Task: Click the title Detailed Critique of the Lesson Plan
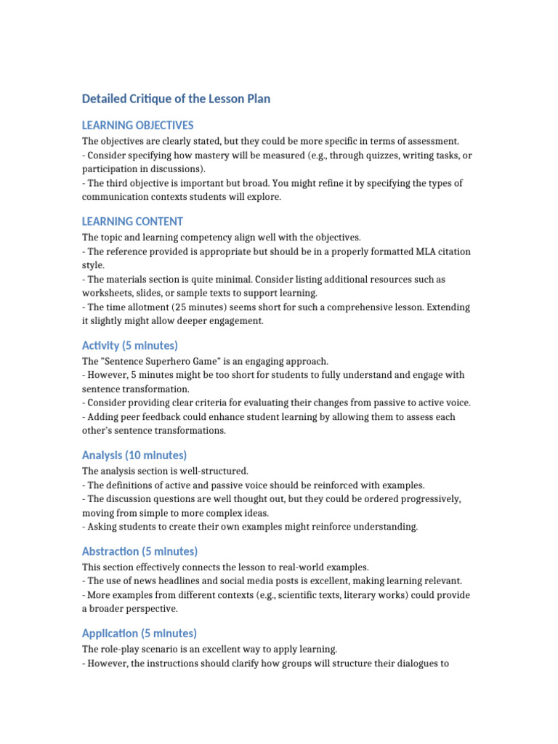pos(176,99)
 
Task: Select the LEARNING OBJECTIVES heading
pos(137,126)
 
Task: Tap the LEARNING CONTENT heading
pos(132,222)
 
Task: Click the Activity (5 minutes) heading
pos(130,345)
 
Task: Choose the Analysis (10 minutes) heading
pos(134,456)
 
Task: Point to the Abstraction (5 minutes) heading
pos(139,551)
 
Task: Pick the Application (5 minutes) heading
pos(139,633)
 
